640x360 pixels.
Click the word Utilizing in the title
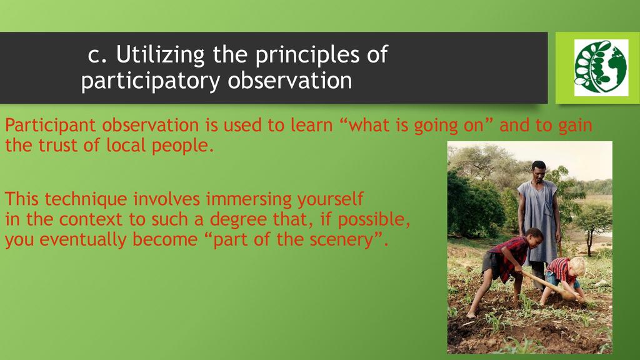pos(160,55)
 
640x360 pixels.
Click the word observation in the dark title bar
pos(290,80)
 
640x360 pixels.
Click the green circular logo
pos(601,67)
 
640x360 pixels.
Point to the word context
pos(91,219)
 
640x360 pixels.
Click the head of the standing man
pos(539,171)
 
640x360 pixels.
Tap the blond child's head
pos(577,266)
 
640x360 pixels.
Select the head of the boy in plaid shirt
pos(533,237)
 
